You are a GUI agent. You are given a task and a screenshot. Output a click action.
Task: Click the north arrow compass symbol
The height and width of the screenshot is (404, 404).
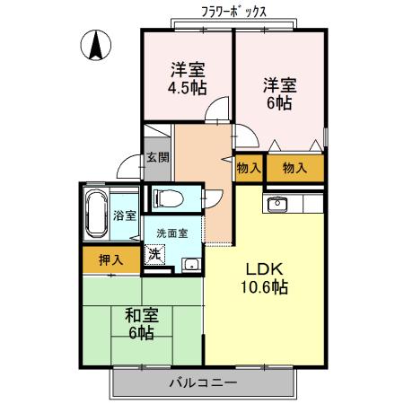[96, 45]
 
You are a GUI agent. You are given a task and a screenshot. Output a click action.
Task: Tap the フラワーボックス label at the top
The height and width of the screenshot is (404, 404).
[233, 12]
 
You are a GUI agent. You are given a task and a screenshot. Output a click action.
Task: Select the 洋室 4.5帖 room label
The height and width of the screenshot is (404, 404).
[188, 79]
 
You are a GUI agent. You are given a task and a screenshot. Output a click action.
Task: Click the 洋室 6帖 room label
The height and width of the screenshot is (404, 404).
[280, 94]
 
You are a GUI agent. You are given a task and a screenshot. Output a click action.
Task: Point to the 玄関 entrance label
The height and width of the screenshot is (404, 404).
[158, 157]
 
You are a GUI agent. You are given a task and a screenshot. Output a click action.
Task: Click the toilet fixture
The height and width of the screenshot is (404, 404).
[168, 198]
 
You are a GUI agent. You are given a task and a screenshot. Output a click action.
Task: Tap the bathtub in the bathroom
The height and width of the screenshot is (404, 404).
[96, 214]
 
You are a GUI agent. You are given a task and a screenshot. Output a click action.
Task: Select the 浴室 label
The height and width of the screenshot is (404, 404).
[125, 215]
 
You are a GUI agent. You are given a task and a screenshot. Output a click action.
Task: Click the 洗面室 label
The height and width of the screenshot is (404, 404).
[172, 233]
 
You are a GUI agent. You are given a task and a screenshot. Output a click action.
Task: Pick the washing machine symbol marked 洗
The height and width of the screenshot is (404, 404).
[154, 254]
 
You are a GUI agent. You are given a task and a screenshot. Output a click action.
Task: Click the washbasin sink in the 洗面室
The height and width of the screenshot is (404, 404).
[191, 265]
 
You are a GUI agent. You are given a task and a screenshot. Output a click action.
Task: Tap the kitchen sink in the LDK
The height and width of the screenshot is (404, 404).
[277, 205]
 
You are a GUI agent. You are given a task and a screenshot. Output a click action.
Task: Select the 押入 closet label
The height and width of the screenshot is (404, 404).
[111, 260]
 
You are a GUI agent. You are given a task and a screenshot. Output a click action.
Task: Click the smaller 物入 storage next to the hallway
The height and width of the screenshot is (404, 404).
[249, 168]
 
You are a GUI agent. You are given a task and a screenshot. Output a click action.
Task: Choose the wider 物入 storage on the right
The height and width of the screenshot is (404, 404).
[295, 168]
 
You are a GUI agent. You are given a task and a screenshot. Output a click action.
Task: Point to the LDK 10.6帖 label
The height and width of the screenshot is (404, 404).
[265, 278]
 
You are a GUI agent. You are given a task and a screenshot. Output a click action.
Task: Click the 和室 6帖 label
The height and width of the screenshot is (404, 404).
[142, 324]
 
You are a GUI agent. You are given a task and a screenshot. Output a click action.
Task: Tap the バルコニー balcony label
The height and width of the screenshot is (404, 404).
[203, 382]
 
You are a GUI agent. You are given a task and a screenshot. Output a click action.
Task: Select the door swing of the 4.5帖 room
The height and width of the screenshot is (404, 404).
[217, 109]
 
